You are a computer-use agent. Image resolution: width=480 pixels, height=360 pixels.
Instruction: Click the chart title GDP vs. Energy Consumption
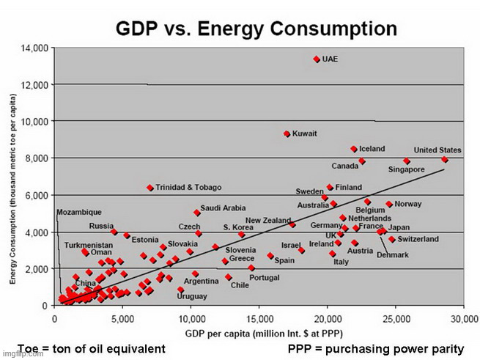[256, 29]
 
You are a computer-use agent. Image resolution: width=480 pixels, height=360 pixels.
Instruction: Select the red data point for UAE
[317, 59]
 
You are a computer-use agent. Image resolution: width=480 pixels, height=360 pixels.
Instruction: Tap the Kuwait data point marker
[287, 133]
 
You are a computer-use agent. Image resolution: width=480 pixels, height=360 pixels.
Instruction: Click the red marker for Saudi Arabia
[197, 213]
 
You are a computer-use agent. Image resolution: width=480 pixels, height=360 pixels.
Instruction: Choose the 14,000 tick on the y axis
[35, 48]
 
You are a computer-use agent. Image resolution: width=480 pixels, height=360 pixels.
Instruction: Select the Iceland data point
[353, 149]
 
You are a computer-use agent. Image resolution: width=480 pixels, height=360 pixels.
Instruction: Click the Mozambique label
[79, 212]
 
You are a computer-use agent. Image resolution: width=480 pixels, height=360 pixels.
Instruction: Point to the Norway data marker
[389, 205]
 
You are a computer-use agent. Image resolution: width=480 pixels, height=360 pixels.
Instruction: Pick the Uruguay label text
[192, 296]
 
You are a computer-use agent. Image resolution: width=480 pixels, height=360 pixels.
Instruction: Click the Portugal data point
[251, 268]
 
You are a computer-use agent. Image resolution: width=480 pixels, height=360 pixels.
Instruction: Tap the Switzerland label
[418, 239]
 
